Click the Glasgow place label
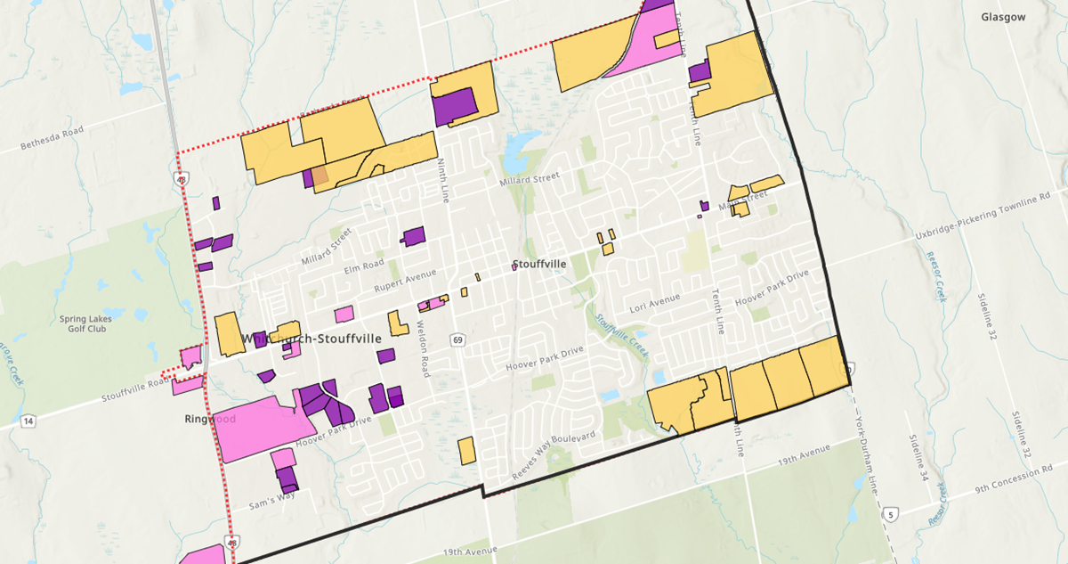pyautogui.click(x=1003, y=17)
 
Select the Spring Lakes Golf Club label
pyautogui.click(x=83, y=323)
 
